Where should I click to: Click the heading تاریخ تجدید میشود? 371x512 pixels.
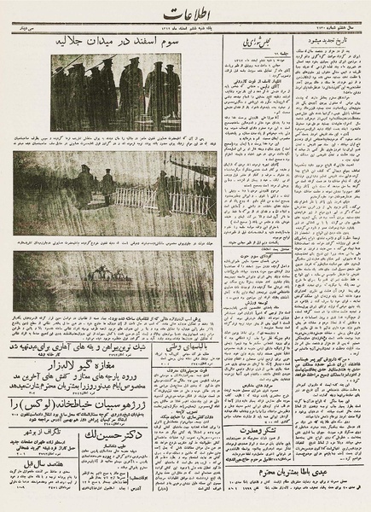(x=324, y=41)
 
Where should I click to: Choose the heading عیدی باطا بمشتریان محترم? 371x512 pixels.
(x=294, y=470)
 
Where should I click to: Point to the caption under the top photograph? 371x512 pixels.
(x=119, y=138)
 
